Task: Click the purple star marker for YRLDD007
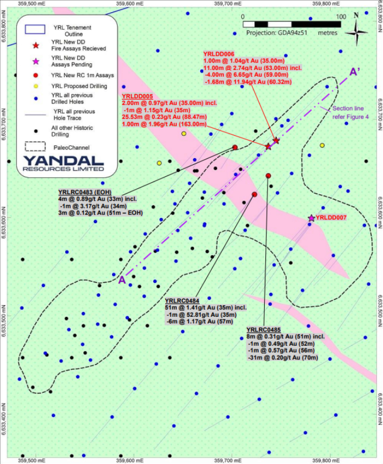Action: coord(311,218)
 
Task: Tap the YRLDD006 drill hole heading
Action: coord(219,54)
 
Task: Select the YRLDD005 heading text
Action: coord(137,96)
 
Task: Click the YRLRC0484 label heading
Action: coord(182,301)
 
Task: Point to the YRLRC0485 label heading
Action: coord(263,330)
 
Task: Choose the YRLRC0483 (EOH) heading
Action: coord(85,193)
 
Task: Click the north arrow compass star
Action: coord(356,32)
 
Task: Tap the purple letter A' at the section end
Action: coord(355,72)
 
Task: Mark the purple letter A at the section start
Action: coord(122,280)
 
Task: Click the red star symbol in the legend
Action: coord(36,45)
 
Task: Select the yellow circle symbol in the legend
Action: coord(36,86)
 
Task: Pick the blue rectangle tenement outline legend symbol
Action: coord(35,30)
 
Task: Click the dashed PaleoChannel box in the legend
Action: coord(35,147)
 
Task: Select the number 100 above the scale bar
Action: coord(341,16)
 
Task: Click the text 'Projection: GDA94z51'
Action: coord(277,32)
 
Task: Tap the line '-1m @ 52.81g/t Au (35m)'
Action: coord(201,315)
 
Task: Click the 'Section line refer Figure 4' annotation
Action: coord(350,113)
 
